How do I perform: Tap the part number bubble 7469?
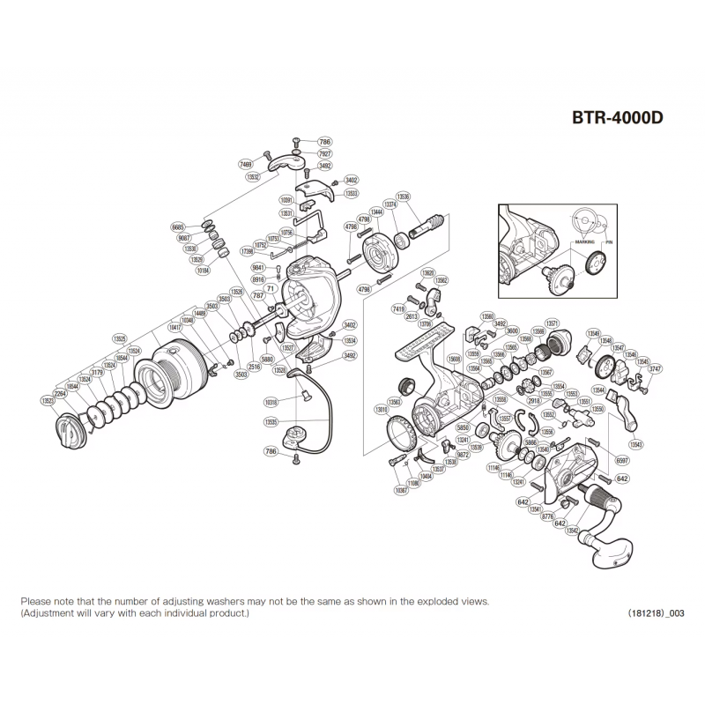[x=247, y=164]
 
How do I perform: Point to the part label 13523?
[x=48, y=401]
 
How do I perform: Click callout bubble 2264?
[x=60, y=393]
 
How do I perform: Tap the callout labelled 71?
[x=271, y=288]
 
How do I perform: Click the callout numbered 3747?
[x=655, y=368]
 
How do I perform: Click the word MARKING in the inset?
[x=583, y=240]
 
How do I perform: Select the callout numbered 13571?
[x=553, y=323]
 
